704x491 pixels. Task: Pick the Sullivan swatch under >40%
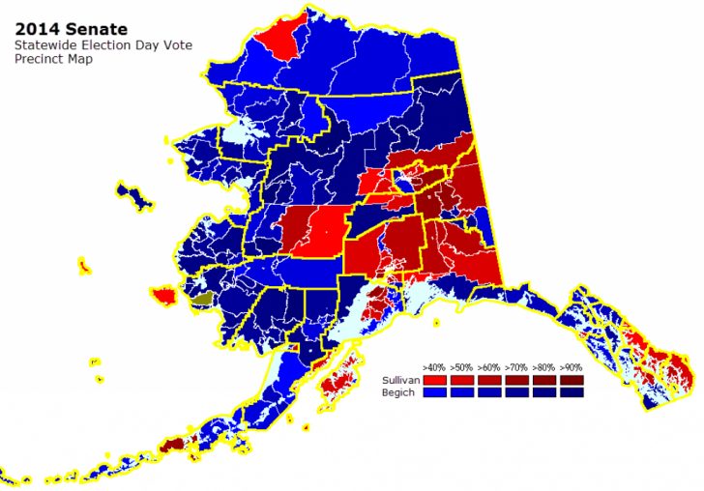click(x=434, y=381)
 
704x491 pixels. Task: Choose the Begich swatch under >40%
click(x=434, y=392)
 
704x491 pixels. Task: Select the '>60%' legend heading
click(x=488, y=368)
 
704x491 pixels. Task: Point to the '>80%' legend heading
click(x=543, y=368)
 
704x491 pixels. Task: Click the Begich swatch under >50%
click(x=461, y=392)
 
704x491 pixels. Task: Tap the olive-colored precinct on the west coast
click(x=200, y=301)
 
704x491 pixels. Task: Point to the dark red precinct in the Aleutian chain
click(x=171, y=444)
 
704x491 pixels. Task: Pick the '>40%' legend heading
click(x=434, y=368)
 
